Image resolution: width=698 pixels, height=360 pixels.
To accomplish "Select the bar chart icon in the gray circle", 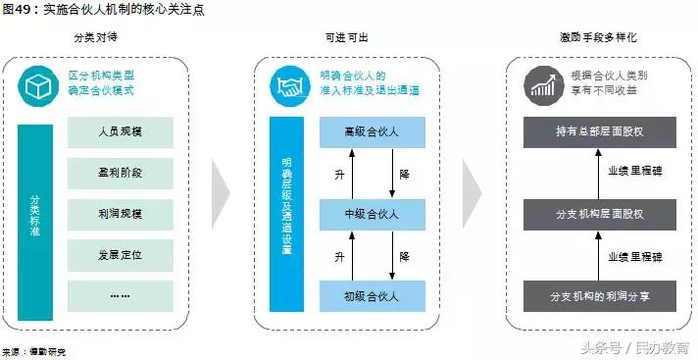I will (542, 86).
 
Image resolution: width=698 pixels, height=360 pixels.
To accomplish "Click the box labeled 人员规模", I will (121, 131).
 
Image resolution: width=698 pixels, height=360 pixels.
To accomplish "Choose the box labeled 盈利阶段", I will (121, 173).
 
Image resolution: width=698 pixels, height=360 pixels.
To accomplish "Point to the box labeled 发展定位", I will (121, 255).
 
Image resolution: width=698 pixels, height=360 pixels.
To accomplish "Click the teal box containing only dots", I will (121, 295).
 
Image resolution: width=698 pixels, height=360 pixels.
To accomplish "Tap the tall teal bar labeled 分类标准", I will (35, 222).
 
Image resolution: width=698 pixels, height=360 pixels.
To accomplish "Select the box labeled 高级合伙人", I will (371, 132).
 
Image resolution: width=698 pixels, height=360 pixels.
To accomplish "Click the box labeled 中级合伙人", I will (371, 214).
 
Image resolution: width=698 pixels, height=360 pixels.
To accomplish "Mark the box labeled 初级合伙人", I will (371, 295).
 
